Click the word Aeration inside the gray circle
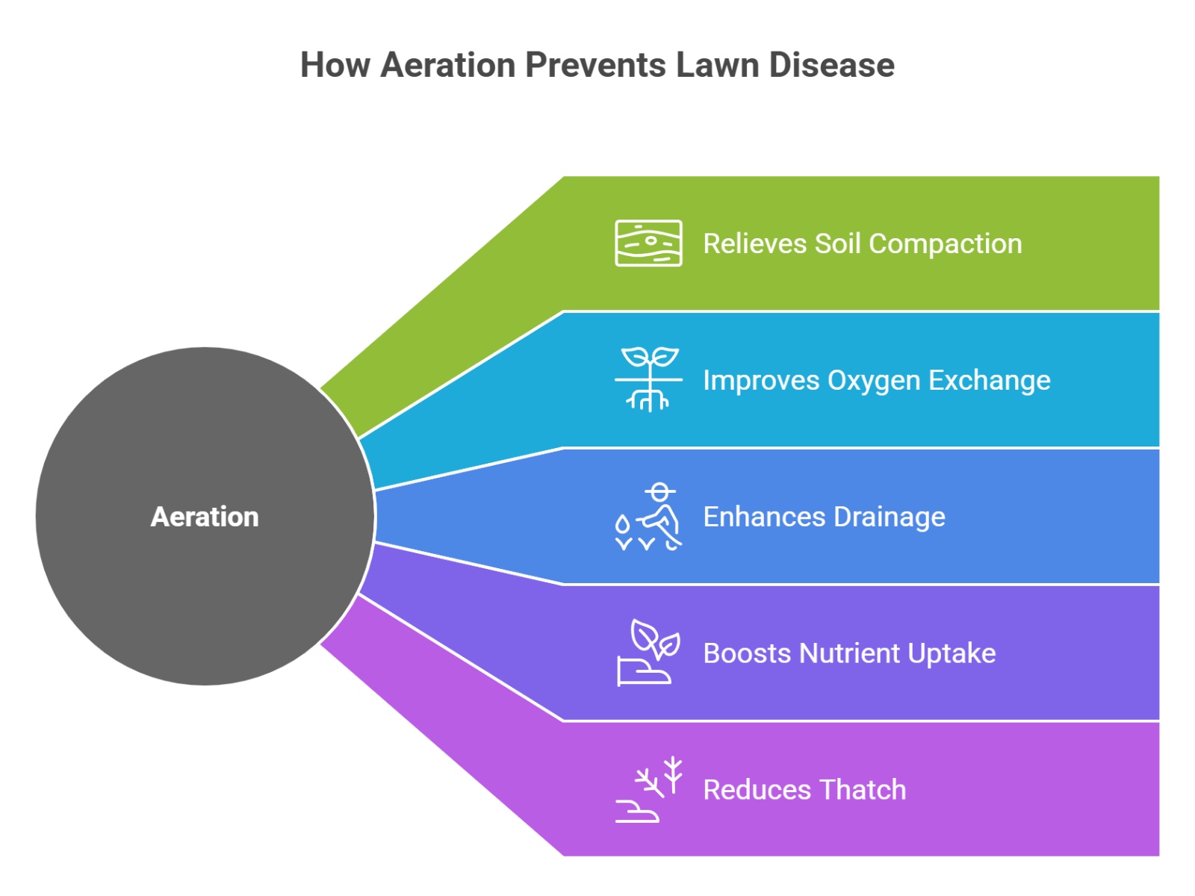205,517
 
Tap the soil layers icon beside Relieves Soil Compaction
648,243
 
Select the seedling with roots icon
648,379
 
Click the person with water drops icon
648,517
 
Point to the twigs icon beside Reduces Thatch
648,789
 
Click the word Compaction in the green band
946,245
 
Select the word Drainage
890,517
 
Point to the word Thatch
863,790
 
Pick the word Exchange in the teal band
990,381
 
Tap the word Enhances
764,517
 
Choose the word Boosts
748,653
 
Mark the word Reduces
757,790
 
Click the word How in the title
335,65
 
